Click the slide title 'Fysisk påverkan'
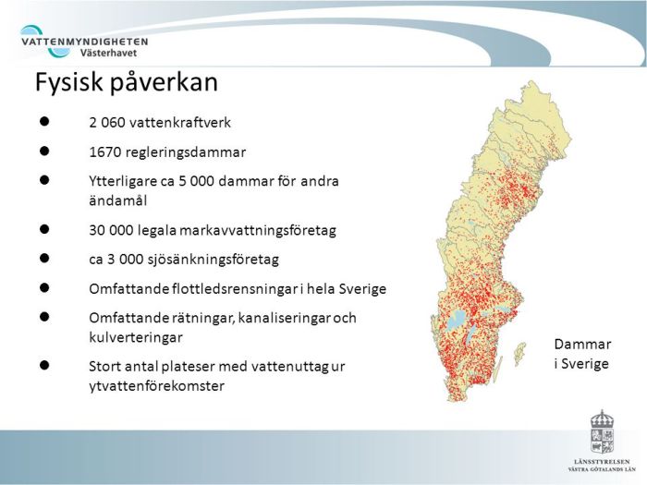126,83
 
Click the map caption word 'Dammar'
582,345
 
